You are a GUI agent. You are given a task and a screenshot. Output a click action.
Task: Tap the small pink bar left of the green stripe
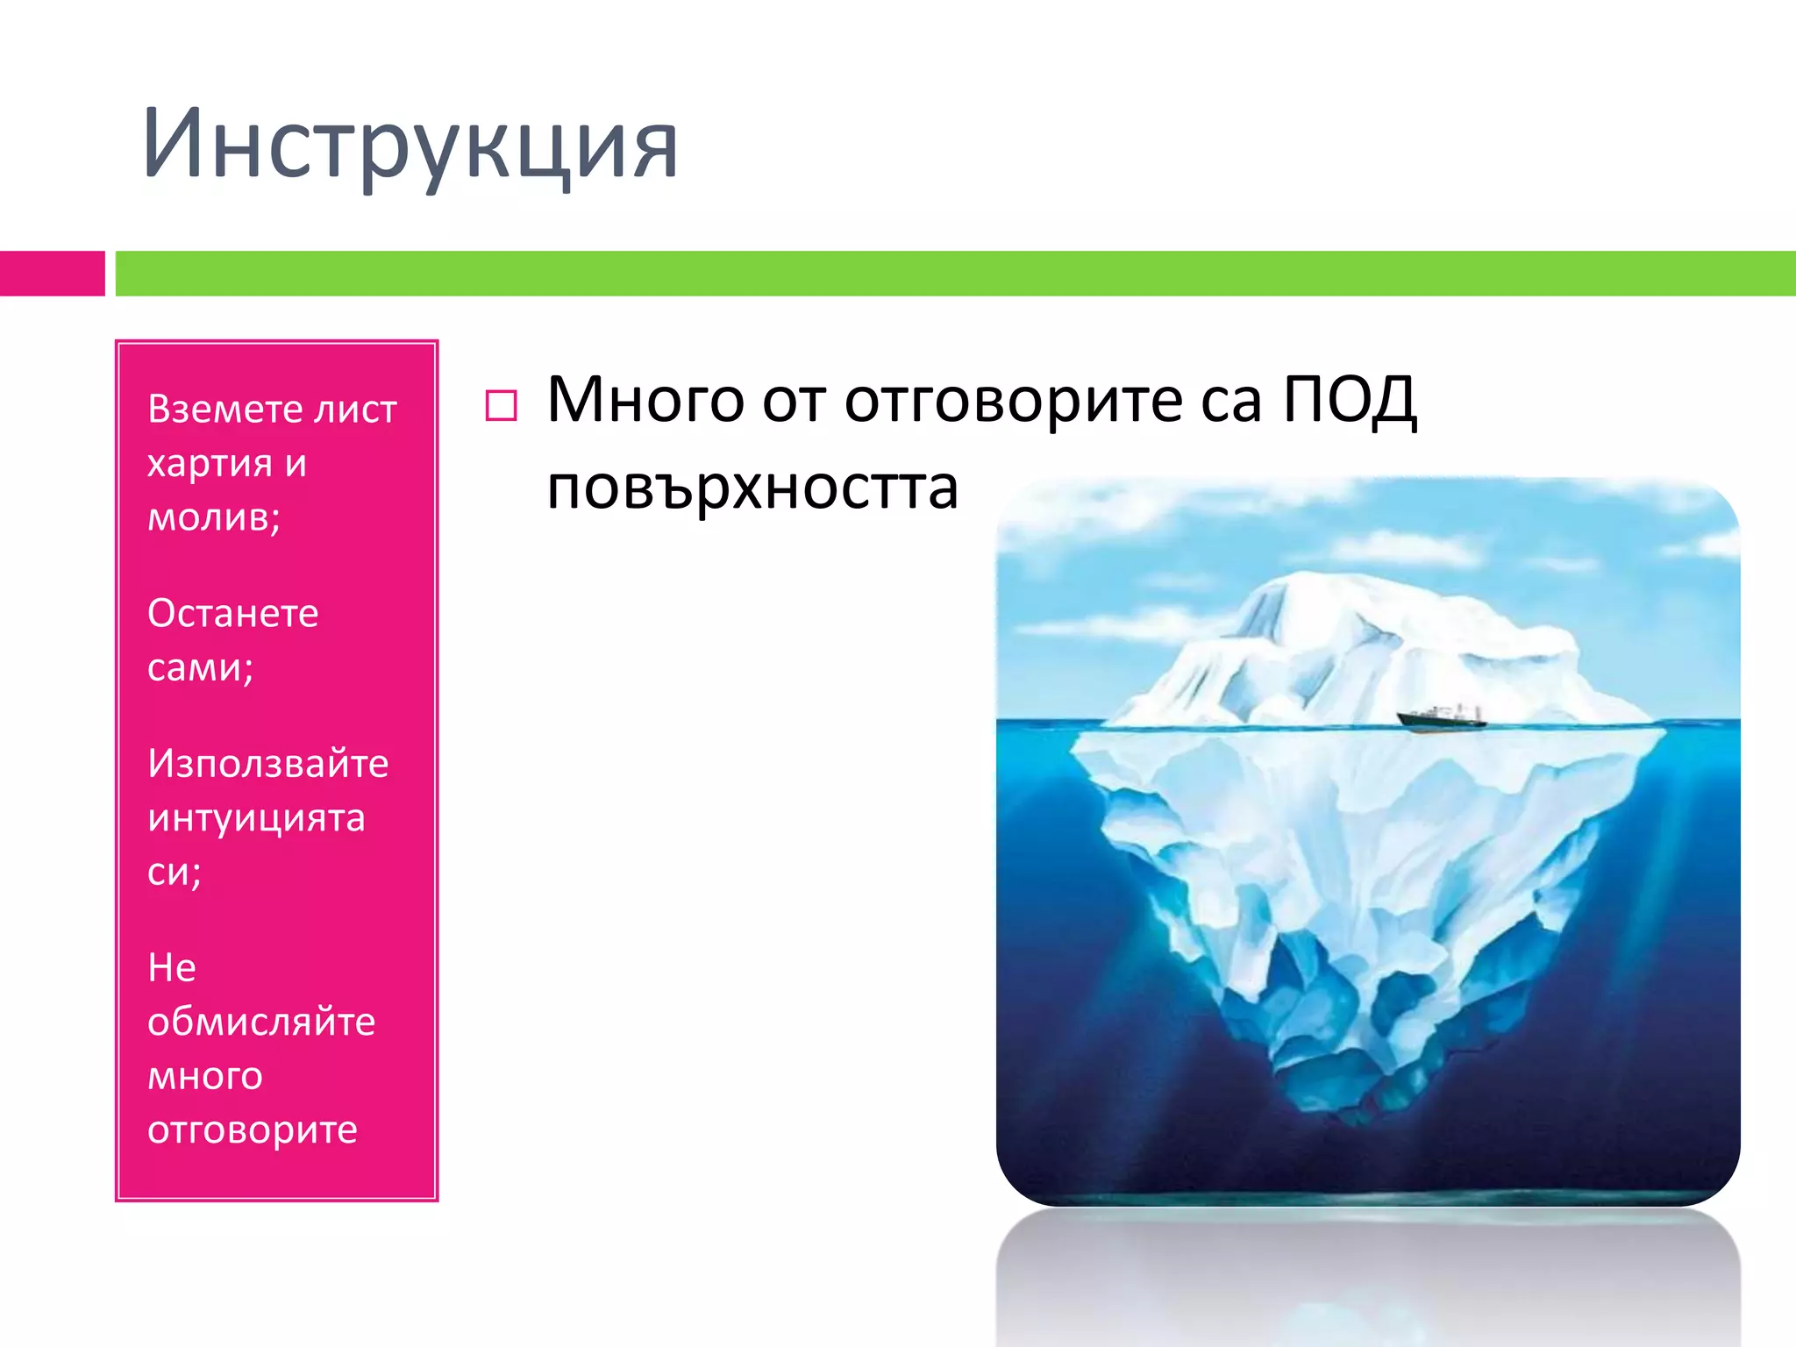pyautogui.click(x=52, y=274)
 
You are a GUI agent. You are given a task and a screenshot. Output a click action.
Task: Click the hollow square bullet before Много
pyautogui.click(x=501, y=406)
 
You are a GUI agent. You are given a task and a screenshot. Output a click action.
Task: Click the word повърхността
pyautogui.click(x=752, y=488)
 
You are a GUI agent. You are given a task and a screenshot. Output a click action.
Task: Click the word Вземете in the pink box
pyautogui.click(x=224, y=409)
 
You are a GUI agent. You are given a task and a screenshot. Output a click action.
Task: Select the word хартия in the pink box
pyautogui.click(x=210, y=464)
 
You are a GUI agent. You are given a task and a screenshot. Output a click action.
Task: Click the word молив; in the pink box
pyautogui.click(x=213, y=517)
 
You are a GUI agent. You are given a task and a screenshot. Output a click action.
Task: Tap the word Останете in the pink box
pyautogui.click(x=232, y=613)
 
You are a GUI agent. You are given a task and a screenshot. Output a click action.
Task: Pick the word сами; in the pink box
pyautogui.click(x=200, y=667)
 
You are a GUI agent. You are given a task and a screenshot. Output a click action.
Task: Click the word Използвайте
pyautogui.click(x=267, y=763)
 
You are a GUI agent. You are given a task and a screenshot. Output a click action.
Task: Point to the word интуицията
pyautogui.click(x=256, y=818)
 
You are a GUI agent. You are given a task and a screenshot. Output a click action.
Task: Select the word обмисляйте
pyautogui.click(x=261, y=1022)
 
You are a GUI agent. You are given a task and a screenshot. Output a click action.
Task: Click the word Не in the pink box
pyautogui.click(x=171, y=968)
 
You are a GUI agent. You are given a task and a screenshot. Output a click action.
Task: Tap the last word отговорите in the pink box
pyautogui.click(x=252, y=1130)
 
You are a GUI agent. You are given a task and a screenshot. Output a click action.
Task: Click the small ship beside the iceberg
pyautogui.click(x=1441, y=717)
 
